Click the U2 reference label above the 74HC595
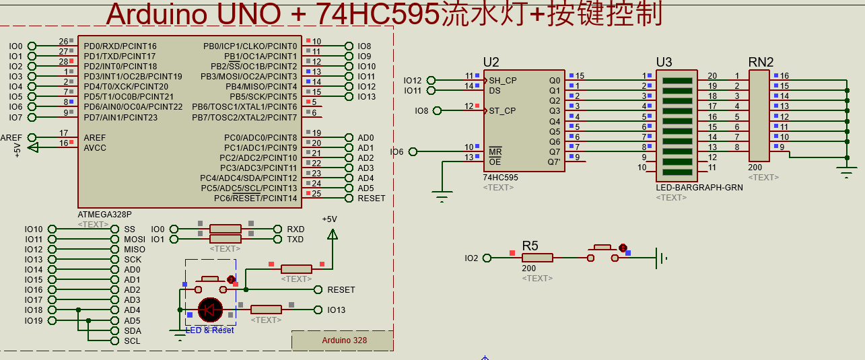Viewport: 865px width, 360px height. (491, 63)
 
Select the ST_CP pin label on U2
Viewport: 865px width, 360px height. (503, 111)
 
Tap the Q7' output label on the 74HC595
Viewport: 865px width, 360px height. (553, 161)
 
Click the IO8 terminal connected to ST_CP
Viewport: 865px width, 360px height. (437, 110)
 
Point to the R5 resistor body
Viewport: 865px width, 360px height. (537, 257)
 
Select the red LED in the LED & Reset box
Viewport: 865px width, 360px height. (210, 310)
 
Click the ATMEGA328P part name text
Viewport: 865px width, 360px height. (105, 215)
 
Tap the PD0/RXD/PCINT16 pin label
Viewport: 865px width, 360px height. (120, 46)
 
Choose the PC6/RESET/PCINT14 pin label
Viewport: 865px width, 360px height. (255, 199)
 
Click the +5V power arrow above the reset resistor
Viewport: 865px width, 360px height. (332, 233)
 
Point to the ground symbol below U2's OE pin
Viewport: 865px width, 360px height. (442, 197)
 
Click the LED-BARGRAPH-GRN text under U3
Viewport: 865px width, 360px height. (699, 188)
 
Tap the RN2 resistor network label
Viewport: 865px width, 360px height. (761, 62)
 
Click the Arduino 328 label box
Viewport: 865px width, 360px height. (343, 340)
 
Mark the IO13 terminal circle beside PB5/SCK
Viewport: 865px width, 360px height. (349, 97)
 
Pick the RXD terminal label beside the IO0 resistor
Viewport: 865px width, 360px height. (296, 229)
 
